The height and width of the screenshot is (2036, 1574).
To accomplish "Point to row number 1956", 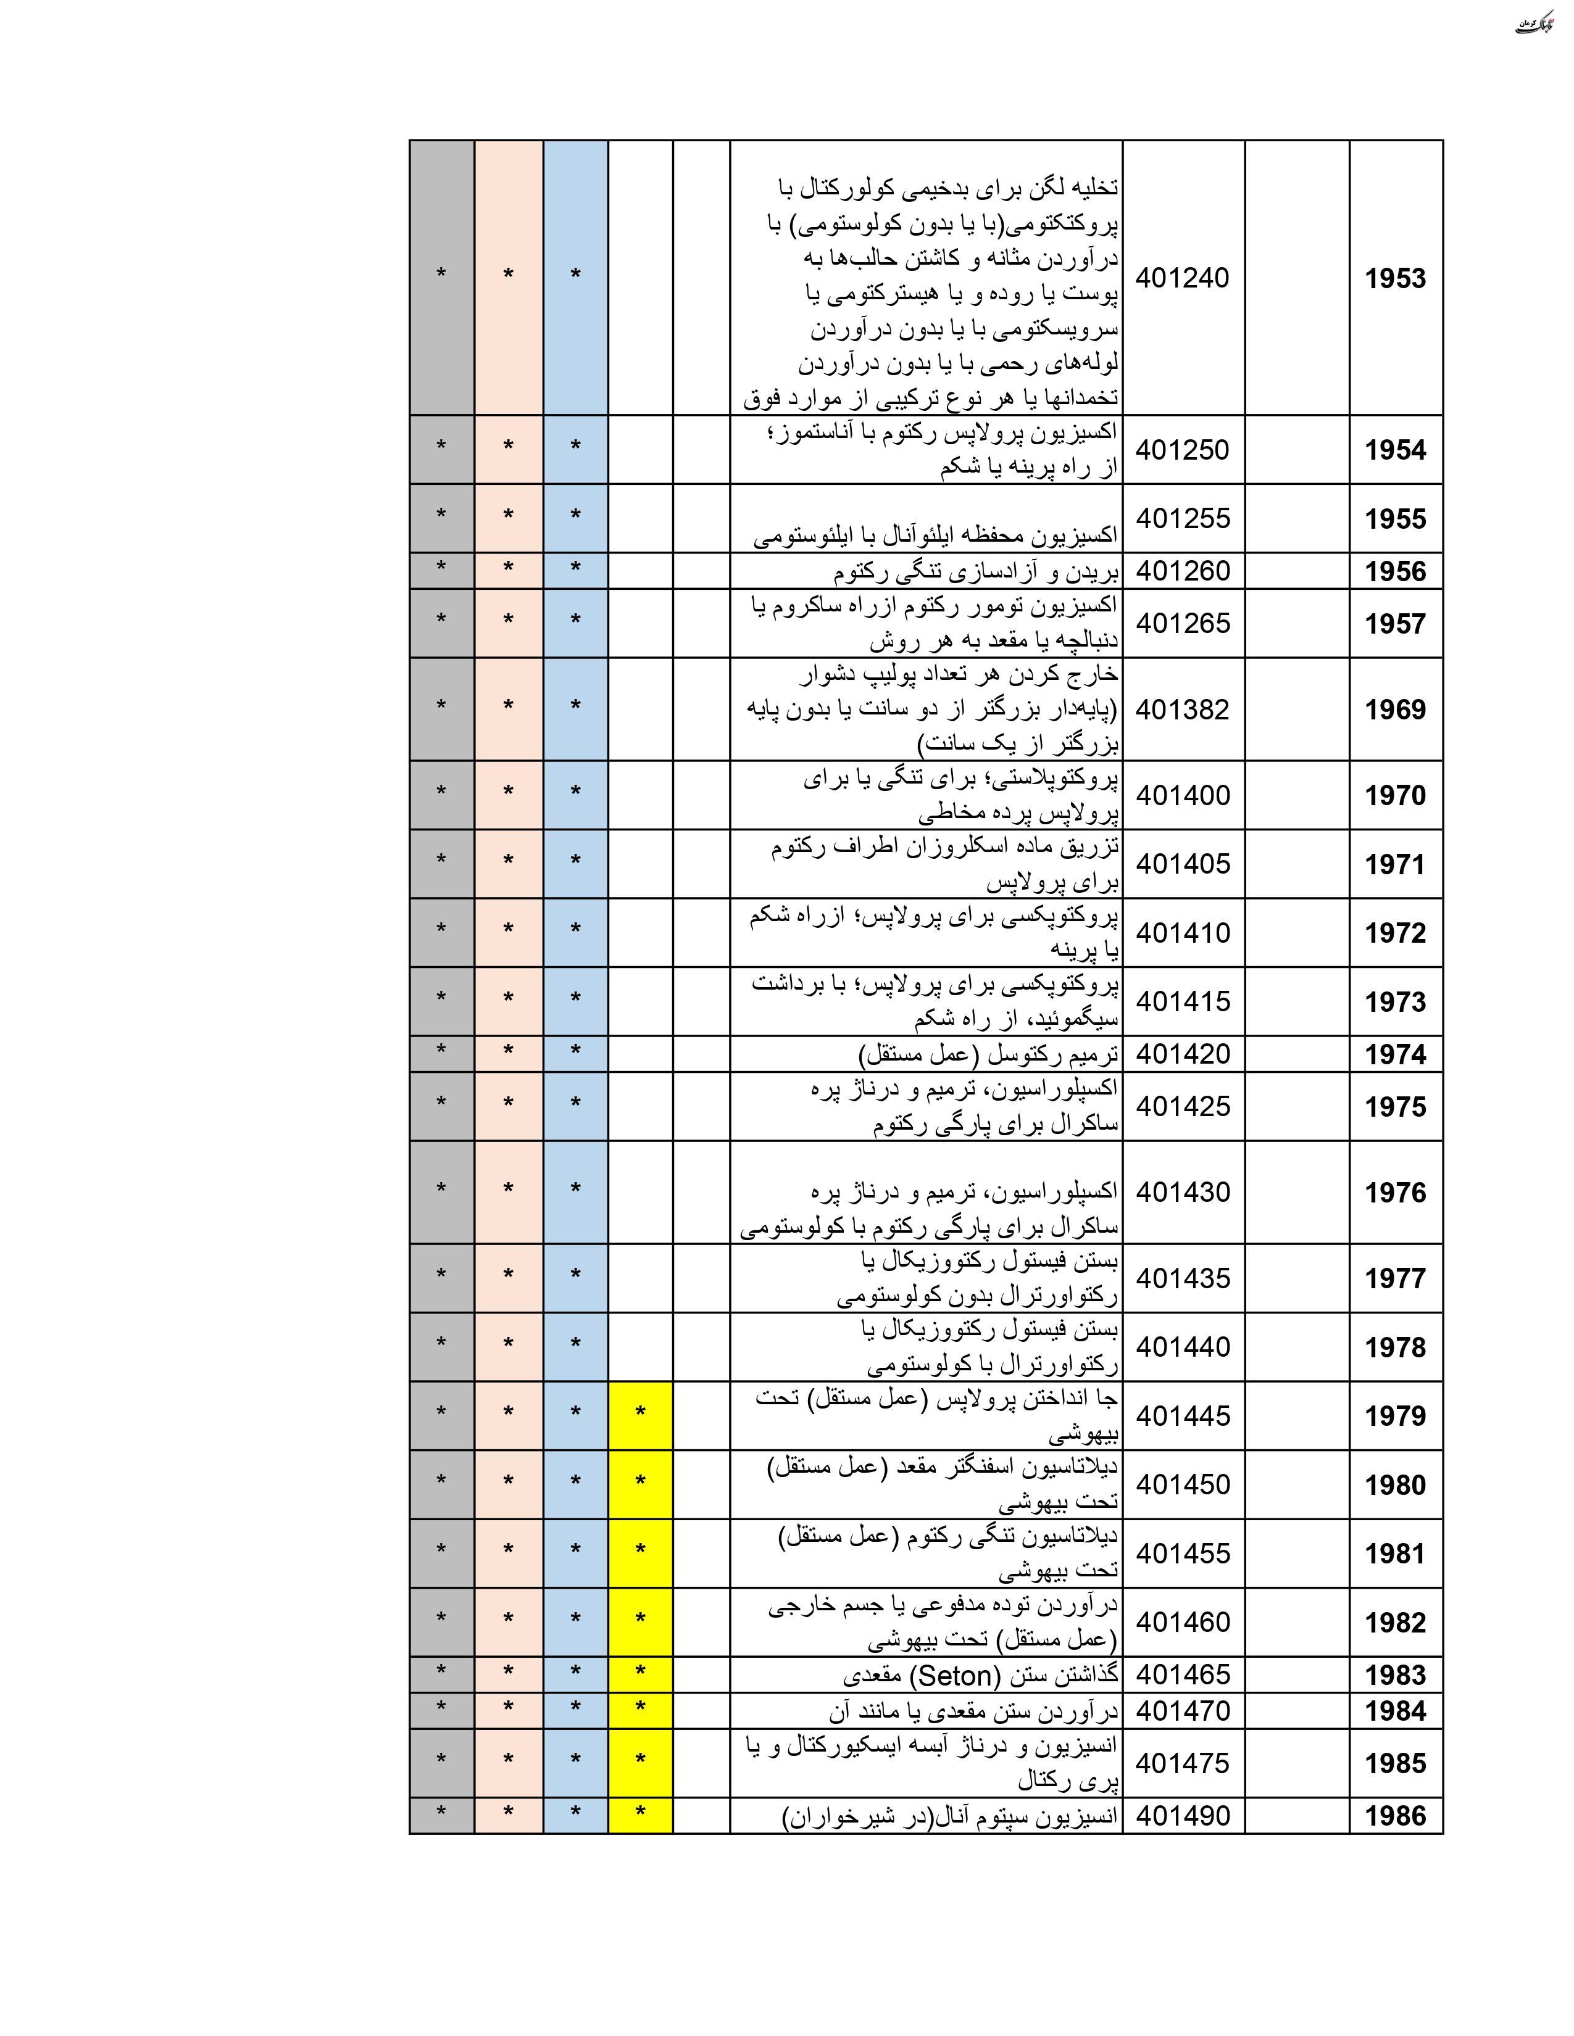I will tap(1395, 571).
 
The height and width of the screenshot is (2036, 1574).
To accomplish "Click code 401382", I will tap(1183, 710).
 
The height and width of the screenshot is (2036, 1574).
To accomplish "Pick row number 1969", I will tap(1395, 710).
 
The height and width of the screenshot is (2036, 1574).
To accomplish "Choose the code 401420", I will tap(1183, 1054).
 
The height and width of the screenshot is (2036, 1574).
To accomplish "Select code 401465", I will tap(1183, 1675).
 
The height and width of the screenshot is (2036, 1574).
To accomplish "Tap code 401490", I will tap(1183, 1816).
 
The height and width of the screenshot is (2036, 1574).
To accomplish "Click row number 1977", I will tap(1395, 1278).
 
